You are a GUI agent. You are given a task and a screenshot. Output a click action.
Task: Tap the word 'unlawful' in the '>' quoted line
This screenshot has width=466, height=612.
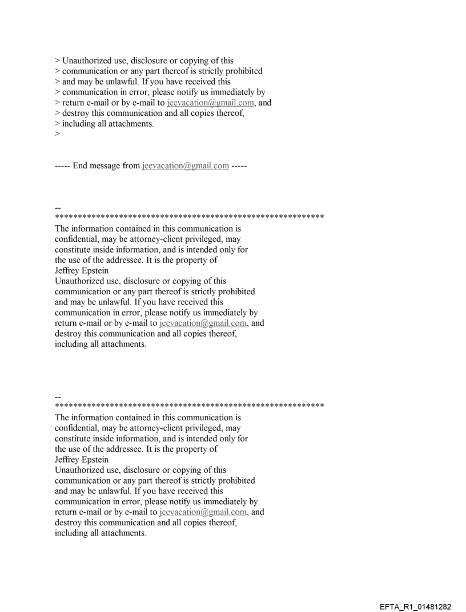coord(119,82)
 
